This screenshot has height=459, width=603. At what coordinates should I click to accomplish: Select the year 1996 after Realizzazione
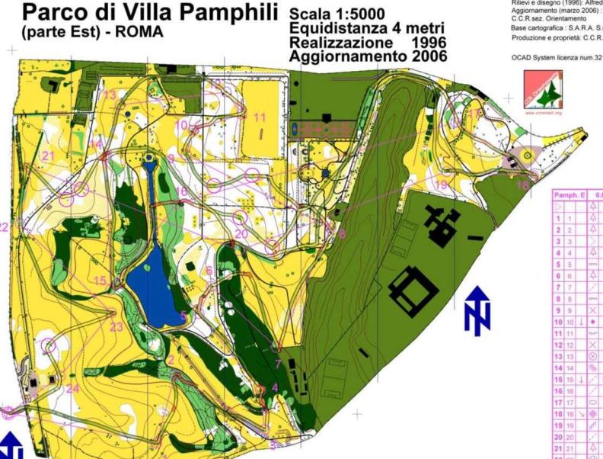426,42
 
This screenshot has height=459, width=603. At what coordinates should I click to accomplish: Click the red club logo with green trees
542,90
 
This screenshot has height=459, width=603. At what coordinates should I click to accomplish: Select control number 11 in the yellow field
260,118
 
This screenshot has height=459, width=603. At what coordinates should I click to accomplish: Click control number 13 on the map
110,95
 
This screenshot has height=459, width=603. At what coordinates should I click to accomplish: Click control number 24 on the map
72,389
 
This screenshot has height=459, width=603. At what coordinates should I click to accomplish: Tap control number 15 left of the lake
100,281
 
